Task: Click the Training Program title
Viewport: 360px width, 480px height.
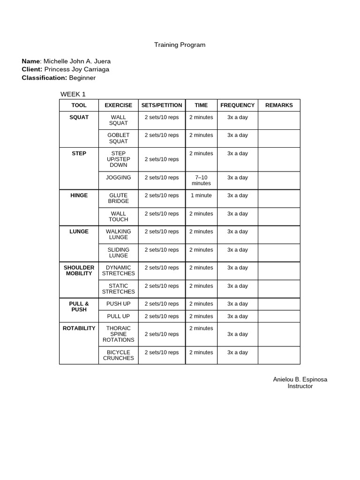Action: (x=180, y=45)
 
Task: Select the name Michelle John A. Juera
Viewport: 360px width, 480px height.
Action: (x=77, y=61)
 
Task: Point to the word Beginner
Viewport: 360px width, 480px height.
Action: (x=82, y=77)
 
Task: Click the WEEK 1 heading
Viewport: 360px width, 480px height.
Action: (x=73, y=94)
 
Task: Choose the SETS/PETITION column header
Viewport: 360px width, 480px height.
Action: (x=162, y=105)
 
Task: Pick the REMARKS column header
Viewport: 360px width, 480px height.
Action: (x=279, y=105)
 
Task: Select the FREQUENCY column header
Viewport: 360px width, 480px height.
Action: (x=237, y=105)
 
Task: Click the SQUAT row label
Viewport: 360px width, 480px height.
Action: (x=79, y=117)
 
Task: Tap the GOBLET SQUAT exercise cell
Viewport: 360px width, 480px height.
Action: (x=118, y=138)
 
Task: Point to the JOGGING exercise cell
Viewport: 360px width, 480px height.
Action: (x=118, y=178)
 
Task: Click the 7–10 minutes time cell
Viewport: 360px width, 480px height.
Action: (x=201, y=180)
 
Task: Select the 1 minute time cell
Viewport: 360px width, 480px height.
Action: (x=201, y=195)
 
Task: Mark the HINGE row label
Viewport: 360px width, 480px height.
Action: (x=79, y=195)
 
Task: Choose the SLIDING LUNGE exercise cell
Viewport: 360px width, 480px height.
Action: (x=118, y=253)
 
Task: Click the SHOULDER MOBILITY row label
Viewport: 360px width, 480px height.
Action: (x=79, y=270)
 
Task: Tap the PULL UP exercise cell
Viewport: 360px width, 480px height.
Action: (x=118, y=316)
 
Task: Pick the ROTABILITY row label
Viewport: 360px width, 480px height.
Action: (x=79, y=328)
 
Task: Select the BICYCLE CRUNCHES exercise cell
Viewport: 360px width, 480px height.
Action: (x=118, y=355)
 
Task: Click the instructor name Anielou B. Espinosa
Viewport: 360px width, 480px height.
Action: (x=300, y=379)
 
